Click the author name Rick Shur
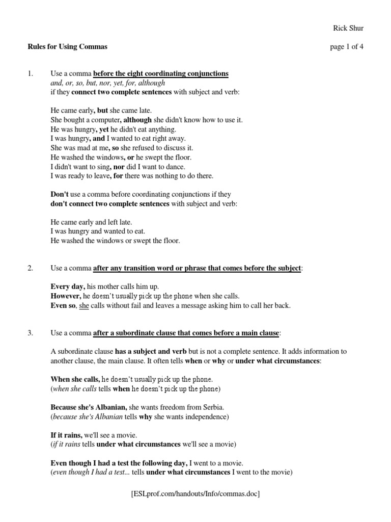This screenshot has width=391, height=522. tap(348, 28)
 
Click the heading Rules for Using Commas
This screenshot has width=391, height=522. tap(67, 47)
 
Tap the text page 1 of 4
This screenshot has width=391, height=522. tap(347, 47)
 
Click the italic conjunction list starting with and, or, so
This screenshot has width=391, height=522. tap(108, 83)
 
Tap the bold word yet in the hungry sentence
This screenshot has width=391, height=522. tap(104, 129)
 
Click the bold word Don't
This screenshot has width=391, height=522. tap(59, 194)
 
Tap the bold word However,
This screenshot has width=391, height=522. tap(66, 296)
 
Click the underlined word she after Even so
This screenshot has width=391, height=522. tap(84, 305)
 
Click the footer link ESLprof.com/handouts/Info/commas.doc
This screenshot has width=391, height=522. tap(195, 494)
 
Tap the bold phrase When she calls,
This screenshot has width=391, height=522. tap(75, 379)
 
